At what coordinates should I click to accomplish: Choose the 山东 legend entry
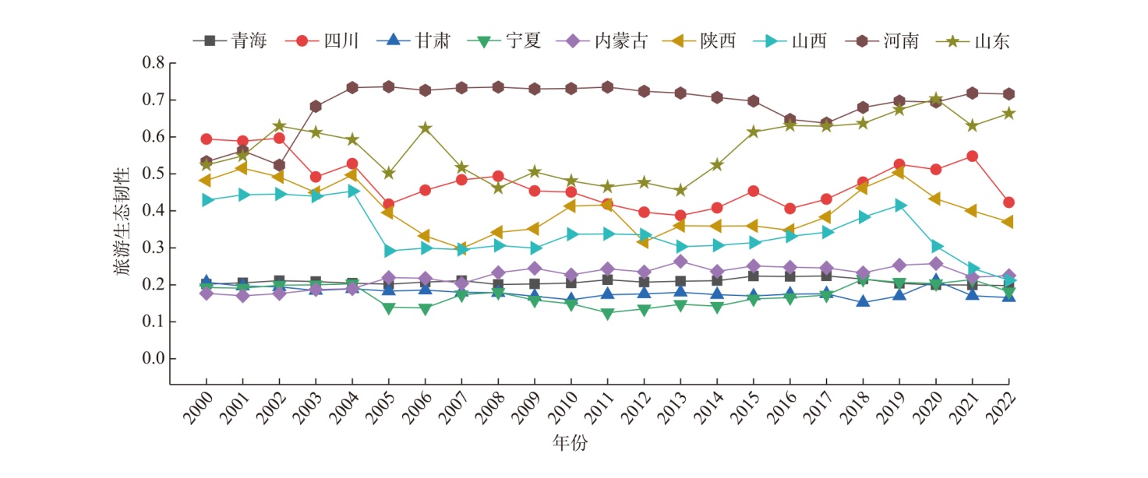(991, 40)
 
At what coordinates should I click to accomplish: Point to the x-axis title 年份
(570, 444)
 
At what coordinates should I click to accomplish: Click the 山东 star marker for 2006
(425, 128)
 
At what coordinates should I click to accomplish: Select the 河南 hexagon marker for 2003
(316, 106)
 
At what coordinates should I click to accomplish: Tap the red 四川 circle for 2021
(972, 156)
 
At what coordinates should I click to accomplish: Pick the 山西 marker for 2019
(899, 206)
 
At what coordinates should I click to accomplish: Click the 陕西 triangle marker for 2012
(644, 242)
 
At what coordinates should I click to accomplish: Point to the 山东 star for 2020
(935, 99)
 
